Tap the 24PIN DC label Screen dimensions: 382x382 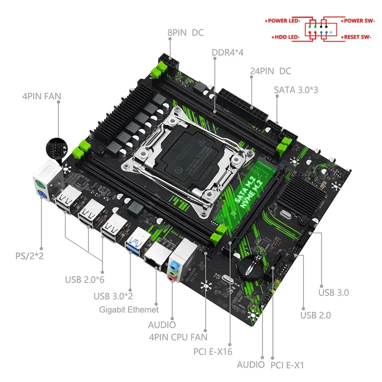pyautogui.click(x=270, y=71)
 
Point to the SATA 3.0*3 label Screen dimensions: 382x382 pyautogui.click(x=296, y=89)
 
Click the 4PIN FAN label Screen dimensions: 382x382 pyautogui.click(x=42, y=96)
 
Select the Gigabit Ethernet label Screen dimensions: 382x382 pyautogui.click(x=128, y=309)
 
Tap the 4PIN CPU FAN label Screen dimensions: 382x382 pyautogui.click(x=178, y=337)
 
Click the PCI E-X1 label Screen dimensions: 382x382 pyautogui.click(x=287, y=365)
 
